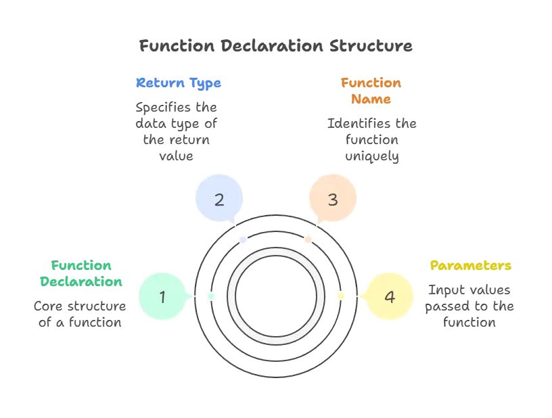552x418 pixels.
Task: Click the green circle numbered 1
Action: (x=162, y=296)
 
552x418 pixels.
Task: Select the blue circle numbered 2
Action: (x=219, y=199)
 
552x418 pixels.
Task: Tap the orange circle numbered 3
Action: (x=332, y=199)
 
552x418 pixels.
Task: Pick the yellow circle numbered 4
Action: (x=389, y=296)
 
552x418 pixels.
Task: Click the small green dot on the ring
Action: (x=210, y=296)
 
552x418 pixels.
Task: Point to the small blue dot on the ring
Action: (x=244, y=239)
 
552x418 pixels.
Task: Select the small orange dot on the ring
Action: (x=308, y=239)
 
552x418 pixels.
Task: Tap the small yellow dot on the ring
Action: (x=341, y=296)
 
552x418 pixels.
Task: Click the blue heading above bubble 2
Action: (x=179, y=83)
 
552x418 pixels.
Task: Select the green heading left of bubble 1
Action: (x=80, y=273)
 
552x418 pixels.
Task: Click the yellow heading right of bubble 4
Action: (x=471, y=265)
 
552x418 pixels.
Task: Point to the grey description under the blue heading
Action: (x=176, y=131)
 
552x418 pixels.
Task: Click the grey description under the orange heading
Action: (x=371, y=141)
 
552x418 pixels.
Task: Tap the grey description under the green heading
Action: (x=80, y=315)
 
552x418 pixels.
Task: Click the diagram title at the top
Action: (x=275, y=47)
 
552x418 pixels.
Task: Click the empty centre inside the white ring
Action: (x=275, y=296)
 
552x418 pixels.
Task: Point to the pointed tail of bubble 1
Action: (x=192, y=296)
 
